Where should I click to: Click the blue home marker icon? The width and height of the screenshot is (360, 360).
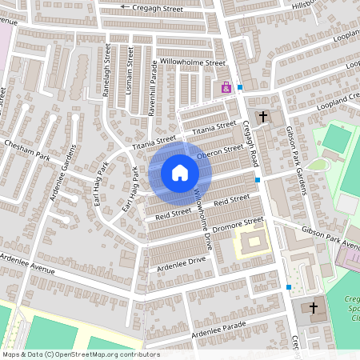pos(180,172)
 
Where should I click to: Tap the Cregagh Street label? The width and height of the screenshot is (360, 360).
pos(156,8)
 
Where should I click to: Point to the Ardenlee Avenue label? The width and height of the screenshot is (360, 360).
pos(27,264)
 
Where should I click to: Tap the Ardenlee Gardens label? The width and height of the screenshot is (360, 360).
pos(65,183)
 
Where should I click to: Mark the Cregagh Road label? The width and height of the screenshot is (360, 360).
pos(251,143)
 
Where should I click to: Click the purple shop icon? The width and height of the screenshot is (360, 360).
pos(226,87)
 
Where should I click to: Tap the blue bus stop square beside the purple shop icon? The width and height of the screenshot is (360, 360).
pos(239,86)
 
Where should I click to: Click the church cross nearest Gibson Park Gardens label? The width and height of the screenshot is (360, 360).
pos(262,118)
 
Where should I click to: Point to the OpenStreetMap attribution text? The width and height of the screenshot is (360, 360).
pos(80,354)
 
